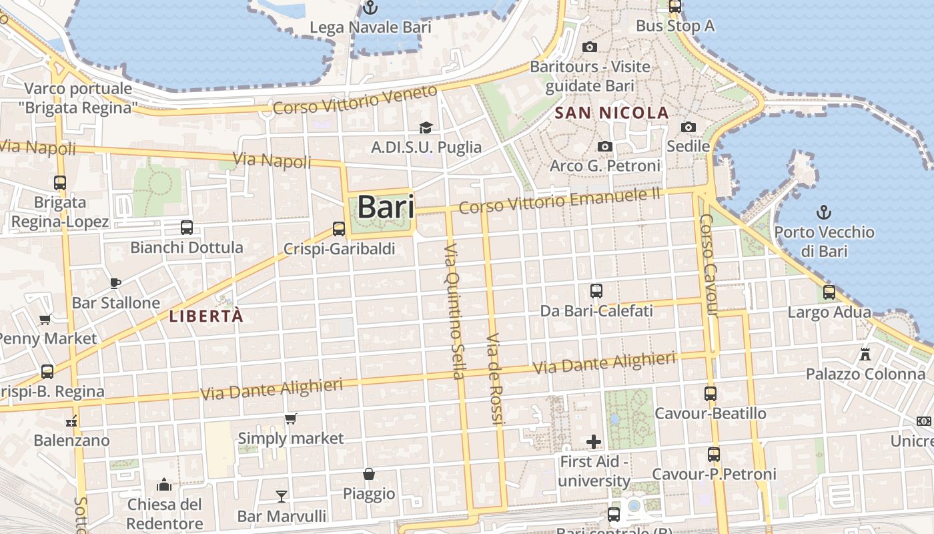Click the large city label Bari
pyautogui.click(x=386, y=207)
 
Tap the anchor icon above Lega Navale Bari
pyautogui.click(x=370, y=8)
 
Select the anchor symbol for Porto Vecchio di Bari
pyautogui.click(x=824, y=213)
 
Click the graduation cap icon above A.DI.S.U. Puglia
pyautogui.click(x=426, y=127)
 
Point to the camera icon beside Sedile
pyautogui.click(x=688, y=127)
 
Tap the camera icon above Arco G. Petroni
pyautogui.click(x=605, y=146)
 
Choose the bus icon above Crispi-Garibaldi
pyautogui.click(x=339, y=229)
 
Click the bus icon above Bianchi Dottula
pyautogui.click(x=187, y=228)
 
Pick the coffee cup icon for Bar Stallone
pyautogui.click(x=115, y=283)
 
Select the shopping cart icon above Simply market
pyautogui.click(x=290, y=419)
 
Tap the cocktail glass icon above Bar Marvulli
pyautogui.click(x=282, y=496)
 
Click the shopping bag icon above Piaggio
pyautogui.click(x=369, y=474)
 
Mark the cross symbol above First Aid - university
pyautogui.click(x=594, y=442)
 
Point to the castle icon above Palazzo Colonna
pyautogui.click(x=865, y=354)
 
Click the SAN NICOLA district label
pyautogui.click(x=612, y=113)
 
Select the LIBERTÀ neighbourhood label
pyautogui.click(x=206, y=316)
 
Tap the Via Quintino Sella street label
pyautogui.click(x=454, y=311)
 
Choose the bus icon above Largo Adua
pyautogui.click(x=829, y=292)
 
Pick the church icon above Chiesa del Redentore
pyautogui.click(x=164, y=484)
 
